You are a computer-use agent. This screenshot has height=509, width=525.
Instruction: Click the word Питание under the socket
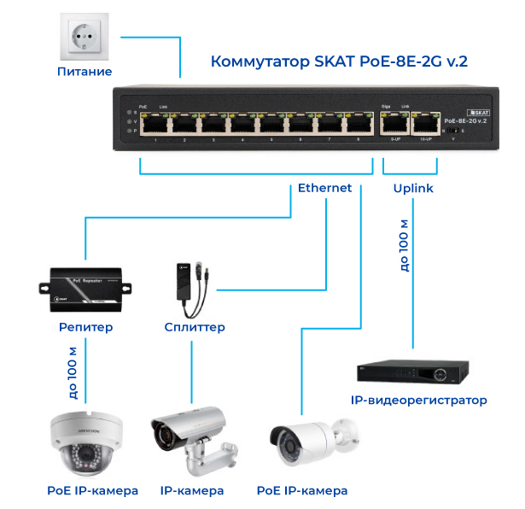(85, 72)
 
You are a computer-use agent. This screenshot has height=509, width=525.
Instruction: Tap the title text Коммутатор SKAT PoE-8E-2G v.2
(339, 61)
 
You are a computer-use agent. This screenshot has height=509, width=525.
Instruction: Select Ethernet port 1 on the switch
(155, 125)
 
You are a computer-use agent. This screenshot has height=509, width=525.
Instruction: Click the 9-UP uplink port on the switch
(394, 124)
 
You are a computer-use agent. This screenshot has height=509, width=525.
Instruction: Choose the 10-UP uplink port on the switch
(424, 124)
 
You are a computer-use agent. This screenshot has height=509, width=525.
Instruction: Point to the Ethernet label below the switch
(324, 188)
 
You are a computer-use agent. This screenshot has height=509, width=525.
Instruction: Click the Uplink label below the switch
(413, 188)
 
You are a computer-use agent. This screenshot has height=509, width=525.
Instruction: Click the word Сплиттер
(195, 327)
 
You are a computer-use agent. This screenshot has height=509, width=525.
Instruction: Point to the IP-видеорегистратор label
(418, 400)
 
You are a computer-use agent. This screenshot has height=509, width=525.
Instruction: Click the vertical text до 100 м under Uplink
(404, 246)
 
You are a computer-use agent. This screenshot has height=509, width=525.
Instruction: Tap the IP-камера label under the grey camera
(192, 491)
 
